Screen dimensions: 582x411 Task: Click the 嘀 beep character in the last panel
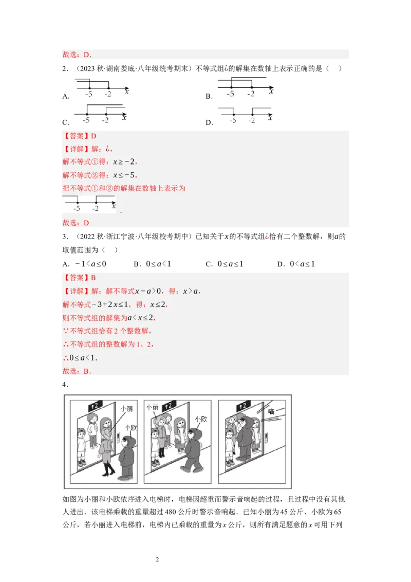(x=271, y=412)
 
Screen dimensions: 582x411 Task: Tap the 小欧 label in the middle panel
(x=201, y=420)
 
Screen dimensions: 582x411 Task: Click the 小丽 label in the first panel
(x=126, y=409)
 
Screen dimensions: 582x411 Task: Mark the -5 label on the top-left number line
(x=89, y=94)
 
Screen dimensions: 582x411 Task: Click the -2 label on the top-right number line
(x=251, y=94)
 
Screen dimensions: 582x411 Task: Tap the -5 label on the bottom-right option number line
(x=233, y=120)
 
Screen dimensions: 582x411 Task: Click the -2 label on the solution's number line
(x=96, y=209)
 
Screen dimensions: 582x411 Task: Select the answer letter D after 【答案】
(x=94, y=136)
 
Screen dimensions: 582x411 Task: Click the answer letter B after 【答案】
(x=94, y=278)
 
